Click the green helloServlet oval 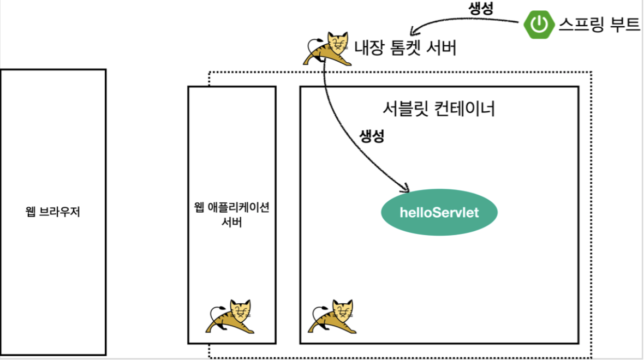click(x=439, y=212)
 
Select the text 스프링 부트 click(x=599, y=24)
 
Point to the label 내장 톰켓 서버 click(x=405, y=49)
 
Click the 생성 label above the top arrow click(x=482, y=8)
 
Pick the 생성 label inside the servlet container click(x=371, y=136)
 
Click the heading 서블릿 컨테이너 click(x=439, y=109)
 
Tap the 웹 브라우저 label click(x=53, y=212)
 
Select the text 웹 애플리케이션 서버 click(x=231, y=214)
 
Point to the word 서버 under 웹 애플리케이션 click(x=231, y=222)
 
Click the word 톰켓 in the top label click(x=404, y=49)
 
